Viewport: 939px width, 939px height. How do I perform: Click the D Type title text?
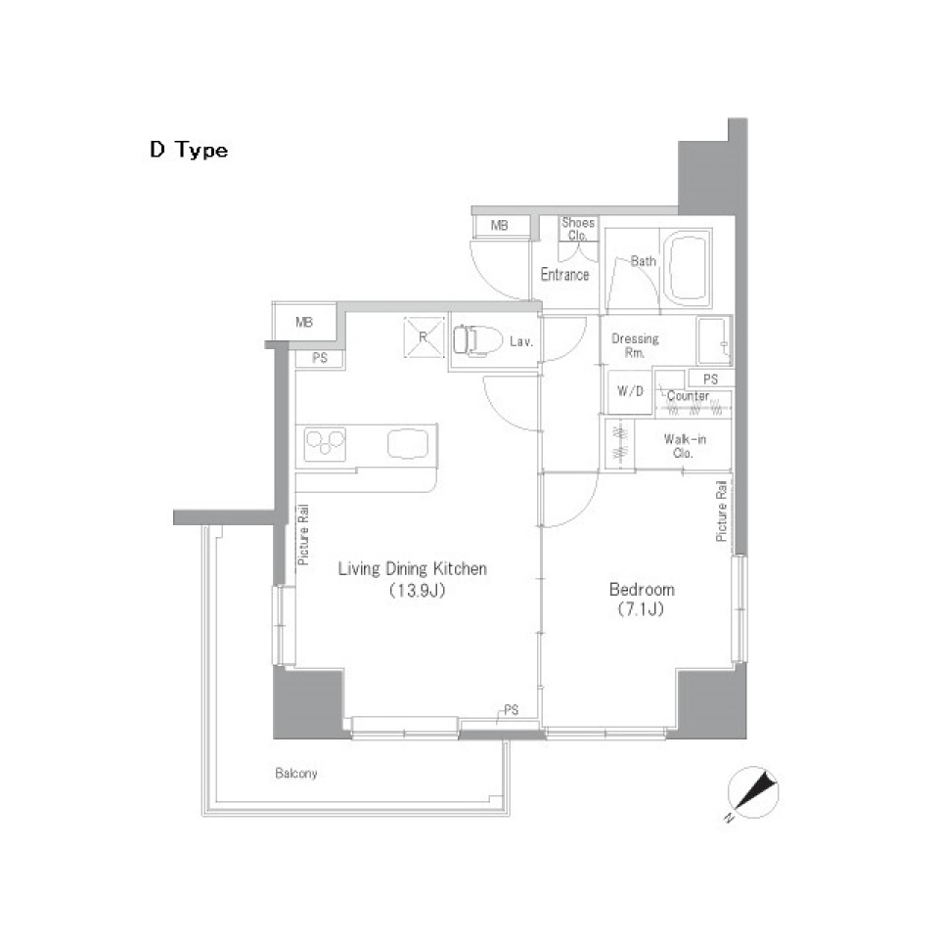pos(189,151)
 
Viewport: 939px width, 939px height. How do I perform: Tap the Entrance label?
pos(564,275)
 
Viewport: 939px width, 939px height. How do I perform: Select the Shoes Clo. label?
pos(577,229)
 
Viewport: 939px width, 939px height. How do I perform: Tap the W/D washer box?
pos(629,392)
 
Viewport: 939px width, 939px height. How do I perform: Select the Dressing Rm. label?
pos(635,345)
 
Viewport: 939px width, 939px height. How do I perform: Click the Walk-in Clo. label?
pos(685,446)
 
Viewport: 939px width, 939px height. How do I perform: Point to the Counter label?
pos(688,396)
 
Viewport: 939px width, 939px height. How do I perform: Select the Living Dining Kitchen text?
pos(412,568)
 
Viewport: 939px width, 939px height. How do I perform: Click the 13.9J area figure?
pos(412,591)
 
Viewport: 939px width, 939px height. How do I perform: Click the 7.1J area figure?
pos(642,611)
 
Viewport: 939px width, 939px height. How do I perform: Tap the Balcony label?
pos(294,774)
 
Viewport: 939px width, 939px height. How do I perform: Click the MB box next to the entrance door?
pos(500,227)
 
